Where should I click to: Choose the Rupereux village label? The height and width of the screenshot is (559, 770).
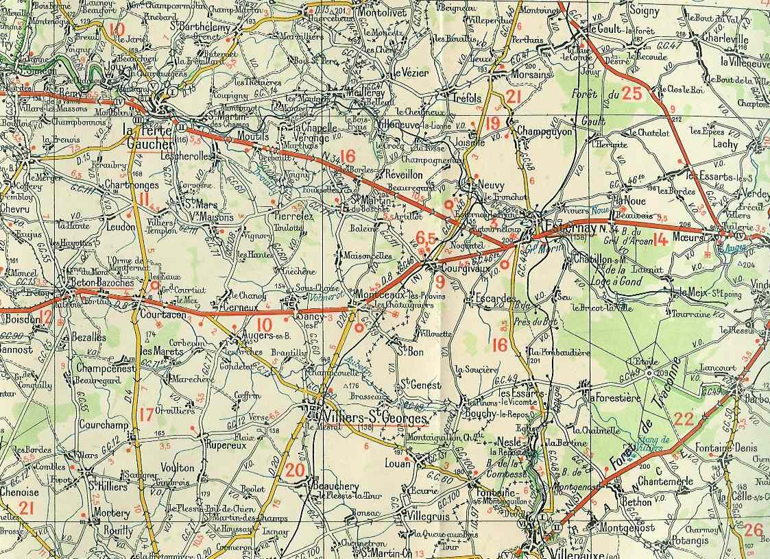point(226,445)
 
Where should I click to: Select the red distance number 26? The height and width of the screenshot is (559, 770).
point(753,530)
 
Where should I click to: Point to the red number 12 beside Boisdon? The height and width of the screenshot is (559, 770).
point(45,316)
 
